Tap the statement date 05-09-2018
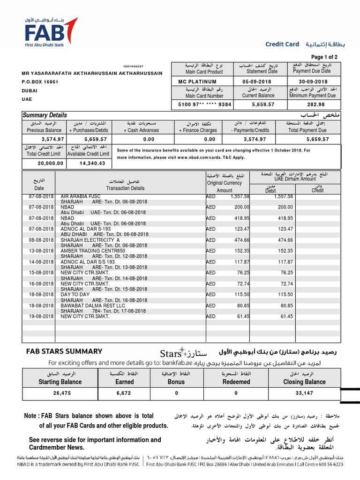(x=256, y=82)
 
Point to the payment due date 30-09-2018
(x=311, y=82)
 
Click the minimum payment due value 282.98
(x=311, y=105)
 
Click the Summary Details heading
(x=45, y=115)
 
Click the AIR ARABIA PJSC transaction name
(x=80, y=196)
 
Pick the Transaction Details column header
(x=125, y=188)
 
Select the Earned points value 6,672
(x=124, y=393)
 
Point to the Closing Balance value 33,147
(x=304, y=393)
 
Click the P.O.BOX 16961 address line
(x=40, y=82)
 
